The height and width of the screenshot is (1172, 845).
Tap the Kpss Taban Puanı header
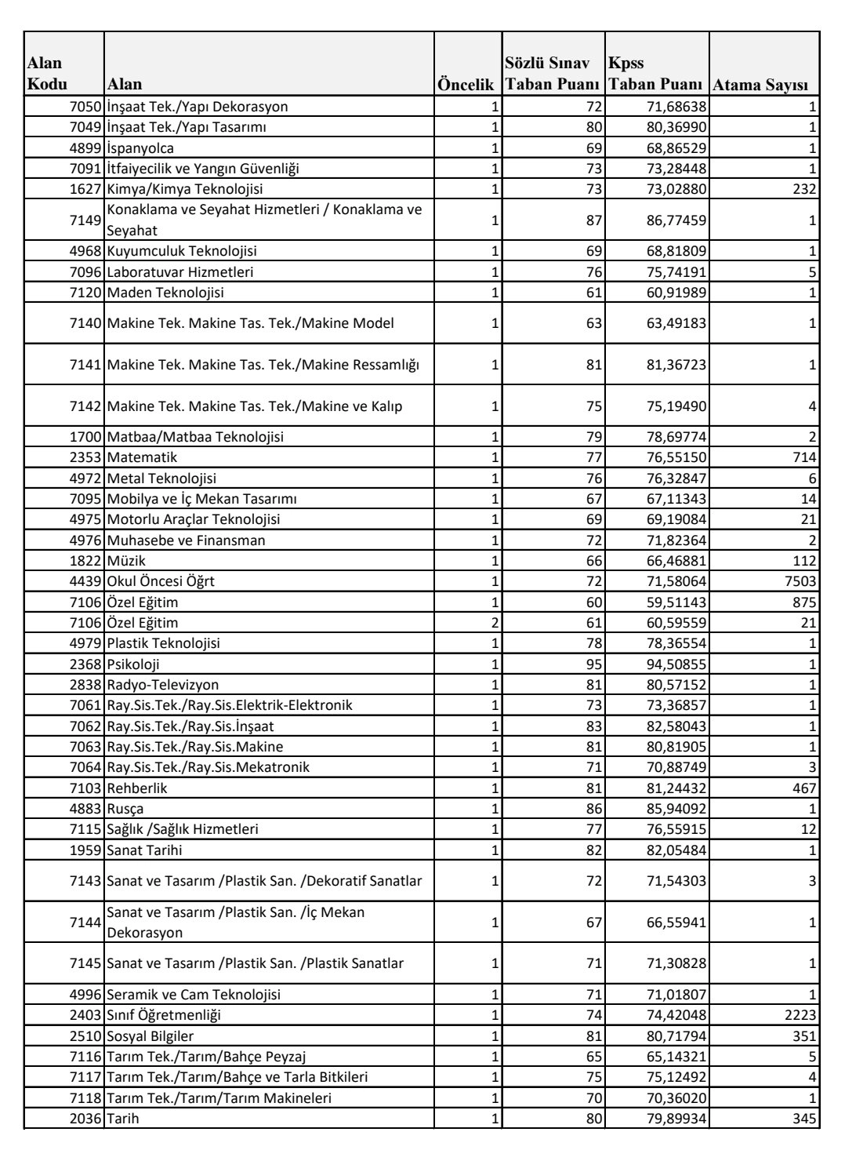click(x=657, y=74)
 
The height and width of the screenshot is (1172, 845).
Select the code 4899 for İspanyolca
click(x=85, y=148)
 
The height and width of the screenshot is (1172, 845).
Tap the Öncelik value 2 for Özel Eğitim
click(x=495, y=623)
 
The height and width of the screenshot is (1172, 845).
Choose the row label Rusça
click(x=125, y=809)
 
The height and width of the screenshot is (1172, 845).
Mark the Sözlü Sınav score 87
click(x=593, y=220)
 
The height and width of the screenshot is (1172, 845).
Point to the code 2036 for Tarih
click(x=85, y=1119)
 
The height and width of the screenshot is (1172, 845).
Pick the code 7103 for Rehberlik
click(x=85, y=788)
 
